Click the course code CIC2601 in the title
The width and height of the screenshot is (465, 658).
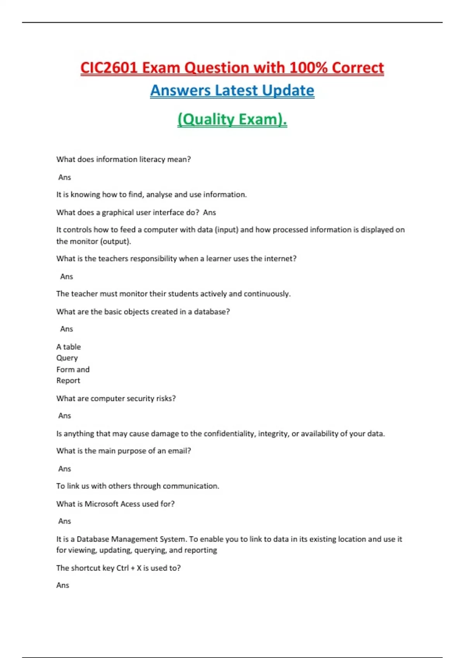pos(109,68)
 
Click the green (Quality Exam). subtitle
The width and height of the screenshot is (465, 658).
pos(232,119)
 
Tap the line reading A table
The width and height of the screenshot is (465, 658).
pos(69,347)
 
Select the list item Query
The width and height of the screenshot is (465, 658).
pos(67,358)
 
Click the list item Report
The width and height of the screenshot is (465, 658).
pos(68,380)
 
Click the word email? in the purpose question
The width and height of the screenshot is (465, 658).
pos(179,451)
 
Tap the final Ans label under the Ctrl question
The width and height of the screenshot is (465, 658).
pos(63,585)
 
